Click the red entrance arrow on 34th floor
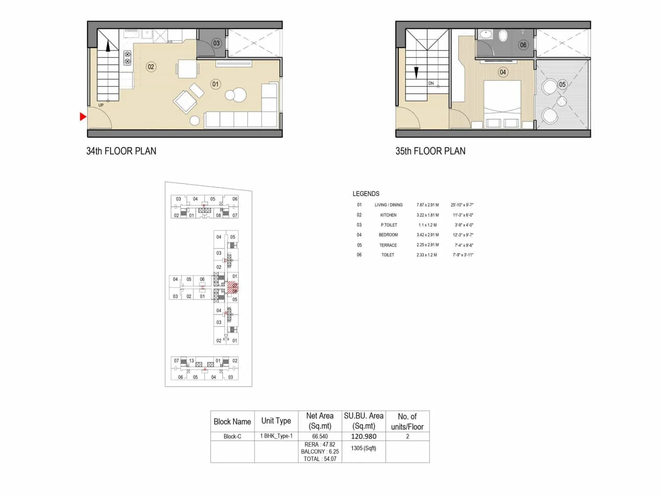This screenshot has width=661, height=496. [x=83, y=117]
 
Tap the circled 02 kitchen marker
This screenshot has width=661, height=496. [x=151, y=67]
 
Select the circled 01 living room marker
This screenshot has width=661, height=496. [x=215, y=84]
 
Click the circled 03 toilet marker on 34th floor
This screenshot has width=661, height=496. [x=216, y=43]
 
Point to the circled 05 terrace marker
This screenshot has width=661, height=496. [x=562, y=84]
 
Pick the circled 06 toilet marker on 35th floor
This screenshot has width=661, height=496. [x=523, y=45]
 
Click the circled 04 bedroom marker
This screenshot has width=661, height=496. [x=503, y=72]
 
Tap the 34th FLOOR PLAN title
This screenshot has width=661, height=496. [x=121, y=151]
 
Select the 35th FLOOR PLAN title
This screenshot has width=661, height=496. [x=430, y=151]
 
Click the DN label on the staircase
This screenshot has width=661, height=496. [x=431, y=83]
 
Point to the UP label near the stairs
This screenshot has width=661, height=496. [x=101, y=105]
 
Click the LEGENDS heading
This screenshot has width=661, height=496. [x=366, y=194]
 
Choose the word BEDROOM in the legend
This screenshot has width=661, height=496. [x=388, y=235]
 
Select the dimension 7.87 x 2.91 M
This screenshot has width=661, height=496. [x=428, y=205]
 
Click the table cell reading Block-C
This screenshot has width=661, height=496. [x=232, y=436]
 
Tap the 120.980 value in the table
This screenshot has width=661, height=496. [x=364, y=436]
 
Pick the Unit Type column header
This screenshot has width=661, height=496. [x=276, y=421]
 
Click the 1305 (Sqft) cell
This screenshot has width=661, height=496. [x=364, y=448]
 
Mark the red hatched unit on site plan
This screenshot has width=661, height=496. [x=233, y=288]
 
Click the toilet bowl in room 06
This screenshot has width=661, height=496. [x=503, y=36]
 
